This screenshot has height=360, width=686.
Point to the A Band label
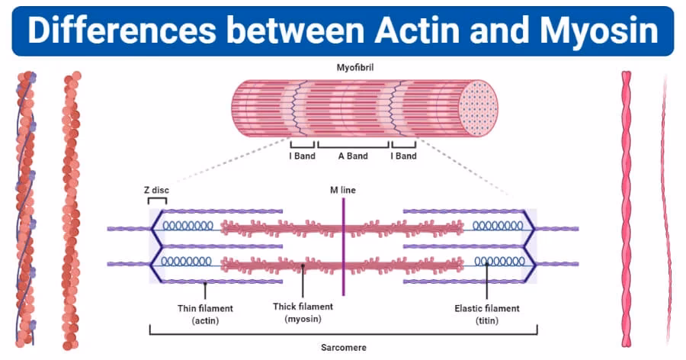click(x=353, y=156)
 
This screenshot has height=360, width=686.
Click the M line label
click(x=343, y=189)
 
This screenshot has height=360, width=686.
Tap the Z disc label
click(x=156, y=189)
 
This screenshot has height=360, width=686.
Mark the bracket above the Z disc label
click(x=158, y=201)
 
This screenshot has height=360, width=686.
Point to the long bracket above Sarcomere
click(x=344, y=333)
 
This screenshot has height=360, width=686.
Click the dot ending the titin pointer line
click(x=486, y=266)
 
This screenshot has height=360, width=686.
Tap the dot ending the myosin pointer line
click(x=303, y=267)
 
